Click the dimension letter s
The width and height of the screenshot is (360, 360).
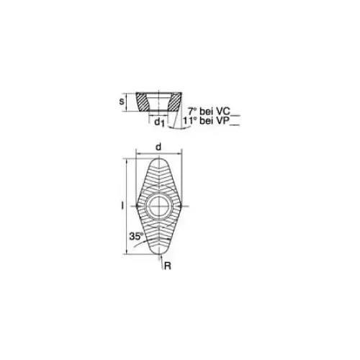[x=123, y=102]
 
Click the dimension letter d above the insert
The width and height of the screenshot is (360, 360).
[x=158, y=146]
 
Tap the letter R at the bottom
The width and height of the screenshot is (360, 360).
[x=166, y=266]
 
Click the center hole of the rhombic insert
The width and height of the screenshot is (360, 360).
[x=158, y=207]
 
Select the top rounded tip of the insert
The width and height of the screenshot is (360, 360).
[x=158, y=159]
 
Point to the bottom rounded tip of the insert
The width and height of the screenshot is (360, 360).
[x=158, y=253]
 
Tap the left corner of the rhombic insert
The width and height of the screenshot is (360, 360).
[x=135, y=207]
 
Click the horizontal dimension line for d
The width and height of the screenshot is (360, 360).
[x=158, y=153]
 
